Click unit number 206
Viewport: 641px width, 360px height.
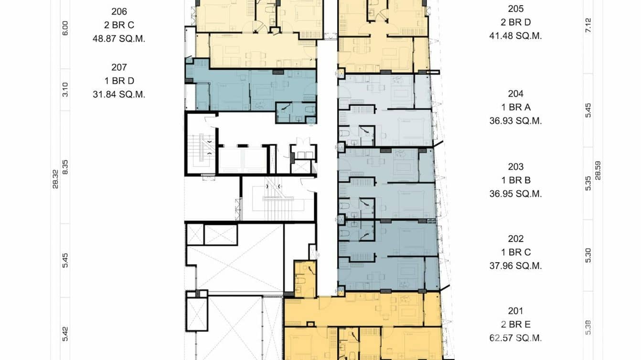pos(118,11)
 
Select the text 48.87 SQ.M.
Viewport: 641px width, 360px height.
pos(118,39)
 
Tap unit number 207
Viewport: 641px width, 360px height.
pos(118,67)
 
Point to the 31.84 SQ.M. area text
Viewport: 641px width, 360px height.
pos(118,95)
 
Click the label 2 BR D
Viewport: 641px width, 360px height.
pos(515,22)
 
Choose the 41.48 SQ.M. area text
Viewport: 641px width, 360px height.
pos(515,36)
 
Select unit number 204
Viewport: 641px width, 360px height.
pos(515,94)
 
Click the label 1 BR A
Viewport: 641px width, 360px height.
pos(515,107)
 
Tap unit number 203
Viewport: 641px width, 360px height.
pos(515,167)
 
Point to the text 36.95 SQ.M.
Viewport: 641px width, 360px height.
pos(515,194)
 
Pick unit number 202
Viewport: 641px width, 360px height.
pos(515,239)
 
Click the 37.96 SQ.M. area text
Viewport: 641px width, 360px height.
pos(515,266)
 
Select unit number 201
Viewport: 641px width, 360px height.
pos(515,311)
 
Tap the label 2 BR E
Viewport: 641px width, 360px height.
pos(515,325)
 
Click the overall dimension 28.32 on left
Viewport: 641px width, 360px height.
pos(55,179)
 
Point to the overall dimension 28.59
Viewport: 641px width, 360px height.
pos(598,170)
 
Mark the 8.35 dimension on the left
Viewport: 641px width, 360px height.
pos(65,167)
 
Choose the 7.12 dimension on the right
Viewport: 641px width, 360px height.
pos(588,25)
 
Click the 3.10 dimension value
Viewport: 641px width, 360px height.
pos(65,89)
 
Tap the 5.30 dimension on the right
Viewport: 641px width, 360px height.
pos(588,255)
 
